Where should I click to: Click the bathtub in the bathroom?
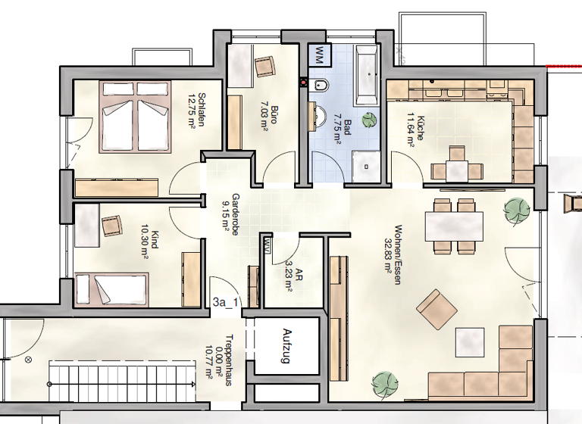pos(367,74)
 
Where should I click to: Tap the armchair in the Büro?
pos(264,67)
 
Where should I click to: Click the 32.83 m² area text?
pos(387,257)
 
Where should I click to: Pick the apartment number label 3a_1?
pos(226,302)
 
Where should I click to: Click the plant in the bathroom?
pos(369,119)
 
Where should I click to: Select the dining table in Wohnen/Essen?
pos(454,225)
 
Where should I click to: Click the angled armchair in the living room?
pos(437,307)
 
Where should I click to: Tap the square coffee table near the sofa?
pos(471,341)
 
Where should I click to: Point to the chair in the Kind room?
pos(112,225)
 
